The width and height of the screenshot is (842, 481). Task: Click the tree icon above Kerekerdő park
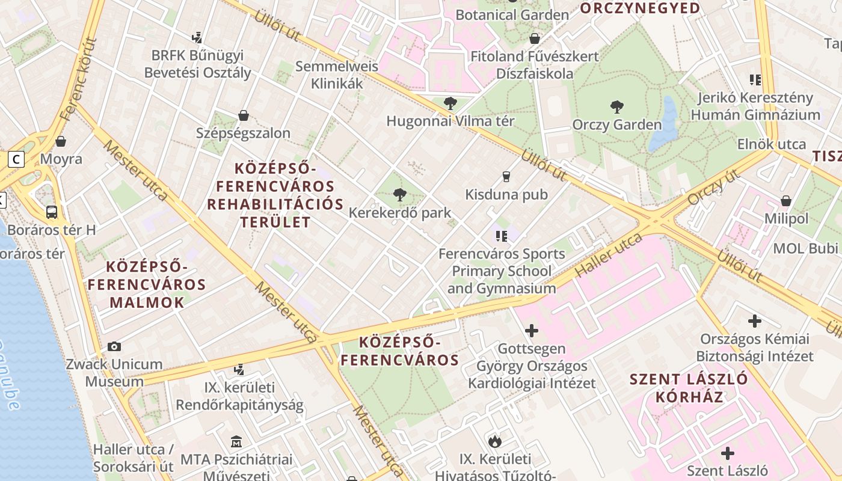(399, 194)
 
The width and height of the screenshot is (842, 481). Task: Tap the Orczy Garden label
(617, 125)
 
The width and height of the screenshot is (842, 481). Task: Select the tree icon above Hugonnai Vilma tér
(450, 103)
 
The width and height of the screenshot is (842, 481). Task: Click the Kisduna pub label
(506, 194)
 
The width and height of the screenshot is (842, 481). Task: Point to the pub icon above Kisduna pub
(506, 176)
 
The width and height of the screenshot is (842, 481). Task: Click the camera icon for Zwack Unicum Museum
(114, 346)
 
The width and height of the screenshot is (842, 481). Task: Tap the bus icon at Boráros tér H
(52, 212)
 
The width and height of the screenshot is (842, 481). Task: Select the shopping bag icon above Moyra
(61, 142)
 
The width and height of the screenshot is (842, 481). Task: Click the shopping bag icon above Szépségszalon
(244, 115)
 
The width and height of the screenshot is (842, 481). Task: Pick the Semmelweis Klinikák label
(337, 75)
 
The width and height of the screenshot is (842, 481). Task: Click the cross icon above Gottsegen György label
(532, 330)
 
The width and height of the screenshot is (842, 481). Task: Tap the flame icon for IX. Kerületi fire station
(495, 441)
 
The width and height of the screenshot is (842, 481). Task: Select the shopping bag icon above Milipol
(785, 201)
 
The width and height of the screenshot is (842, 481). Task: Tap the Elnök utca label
(772, 144)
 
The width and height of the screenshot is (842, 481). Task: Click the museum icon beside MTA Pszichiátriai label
(236, 443)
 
